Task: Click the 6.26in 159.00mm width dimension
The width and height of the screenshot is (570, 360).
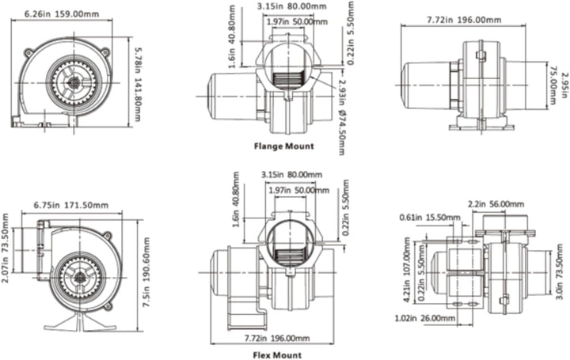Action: click(62, 14)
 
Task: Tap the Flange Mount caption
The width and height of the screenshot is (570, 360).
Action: click(283, 146)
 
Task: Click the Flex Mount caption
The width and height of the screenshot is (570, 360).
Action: click(277, 355)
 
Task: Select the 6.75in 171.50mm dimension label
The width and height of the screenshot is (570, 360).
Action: click(71, 205)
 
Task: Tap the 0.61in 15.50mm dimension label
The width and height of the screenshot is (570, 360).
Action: click(430, 218)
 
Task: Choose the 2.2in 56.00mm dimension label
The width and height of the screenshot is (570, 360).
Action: click(496, 204)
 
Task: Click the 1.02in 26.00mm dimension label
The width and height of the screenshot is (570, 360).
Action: click(424, 318)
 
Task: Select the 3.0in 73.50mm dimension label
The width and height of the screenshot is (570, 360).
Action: click(560, 271)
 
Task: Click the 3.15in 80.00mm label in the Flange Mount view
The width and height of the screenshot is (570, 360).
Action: click(292, 6)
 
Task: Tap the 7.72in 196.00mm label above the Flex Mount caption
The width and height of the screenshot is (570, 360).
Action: click(277, 338)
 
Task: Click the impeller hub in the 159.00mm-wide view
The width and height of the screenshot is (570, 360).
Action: click(74, 83)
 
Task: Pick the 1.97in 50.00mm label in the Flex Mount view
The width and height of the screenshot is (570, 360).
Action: click(298, 190)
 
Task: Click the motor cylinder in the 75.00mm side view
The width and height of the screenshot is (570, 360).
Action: click(426, 85)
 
